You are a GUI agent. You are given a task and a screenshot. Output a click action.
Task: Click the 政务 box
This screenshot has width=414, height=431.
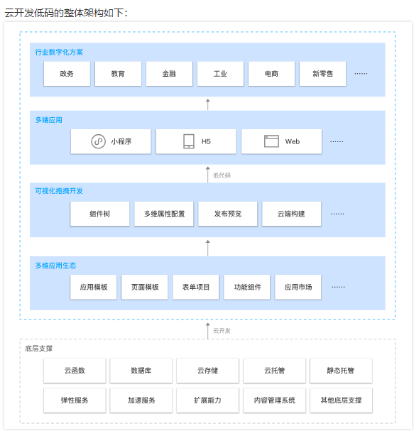67,74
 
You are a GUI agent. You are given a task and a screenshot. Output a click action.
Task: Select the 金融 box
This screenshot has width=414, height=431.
169,74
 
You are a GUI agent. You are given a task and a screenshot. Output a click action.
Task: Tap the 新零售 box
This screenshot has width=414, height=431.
322,74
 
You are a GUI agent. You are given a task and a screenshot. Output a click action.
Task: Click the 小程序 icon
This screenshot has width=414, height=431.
98,141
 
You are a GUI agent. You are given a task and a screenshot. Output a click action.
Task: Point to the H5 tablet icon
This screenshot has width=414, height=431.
189,141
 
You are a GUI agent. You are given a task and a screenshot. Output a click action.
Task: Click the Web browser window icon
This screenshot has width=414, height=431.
271,141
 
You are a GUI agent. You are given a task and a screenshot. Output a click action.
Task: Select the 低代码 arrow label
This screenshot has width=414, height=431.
222,175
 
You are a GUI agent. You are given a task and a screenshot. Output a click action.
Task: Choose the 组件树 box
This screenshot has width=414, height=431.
100,214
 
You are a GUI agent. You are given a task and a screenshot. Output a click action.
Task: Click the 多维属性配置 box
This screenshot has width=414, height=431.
164,214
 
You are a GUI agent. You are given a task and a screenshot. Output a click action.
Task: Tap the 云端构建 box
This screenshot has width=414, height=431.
291,214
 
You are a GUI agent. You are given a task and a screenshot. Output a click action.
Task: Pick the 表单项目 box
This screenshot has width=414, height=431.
196,287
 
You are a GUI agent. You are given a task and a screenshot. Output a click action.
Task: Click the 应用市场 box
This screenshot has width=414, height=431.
298,287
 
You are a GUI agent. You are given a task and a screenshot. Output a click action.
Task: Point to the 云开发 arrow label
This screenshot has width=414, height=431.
222,331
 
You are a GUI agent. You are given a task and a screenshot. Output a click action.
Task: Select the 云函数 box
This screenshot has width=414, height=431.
75,371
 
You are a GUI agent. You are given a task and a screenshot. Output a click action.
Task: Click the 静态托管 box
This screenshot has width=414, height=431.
341,371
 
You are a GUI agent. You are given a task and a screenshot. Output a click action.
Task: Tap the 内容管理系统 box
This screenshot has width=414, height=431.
274,400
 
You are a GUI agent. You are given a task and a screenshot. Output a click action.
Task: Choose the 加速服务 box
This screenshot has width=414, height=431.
141,400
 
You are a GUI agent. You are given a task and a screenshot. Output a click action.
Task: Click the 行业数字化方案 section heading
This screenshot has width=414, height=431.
59,52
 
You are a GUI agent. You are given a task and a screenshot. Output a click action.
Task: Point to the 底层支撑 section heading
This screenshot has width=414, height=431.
39,349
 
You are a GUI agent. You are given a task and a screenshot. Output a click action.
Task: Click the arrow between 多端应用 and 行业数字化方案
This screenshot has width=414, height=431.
208,104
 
